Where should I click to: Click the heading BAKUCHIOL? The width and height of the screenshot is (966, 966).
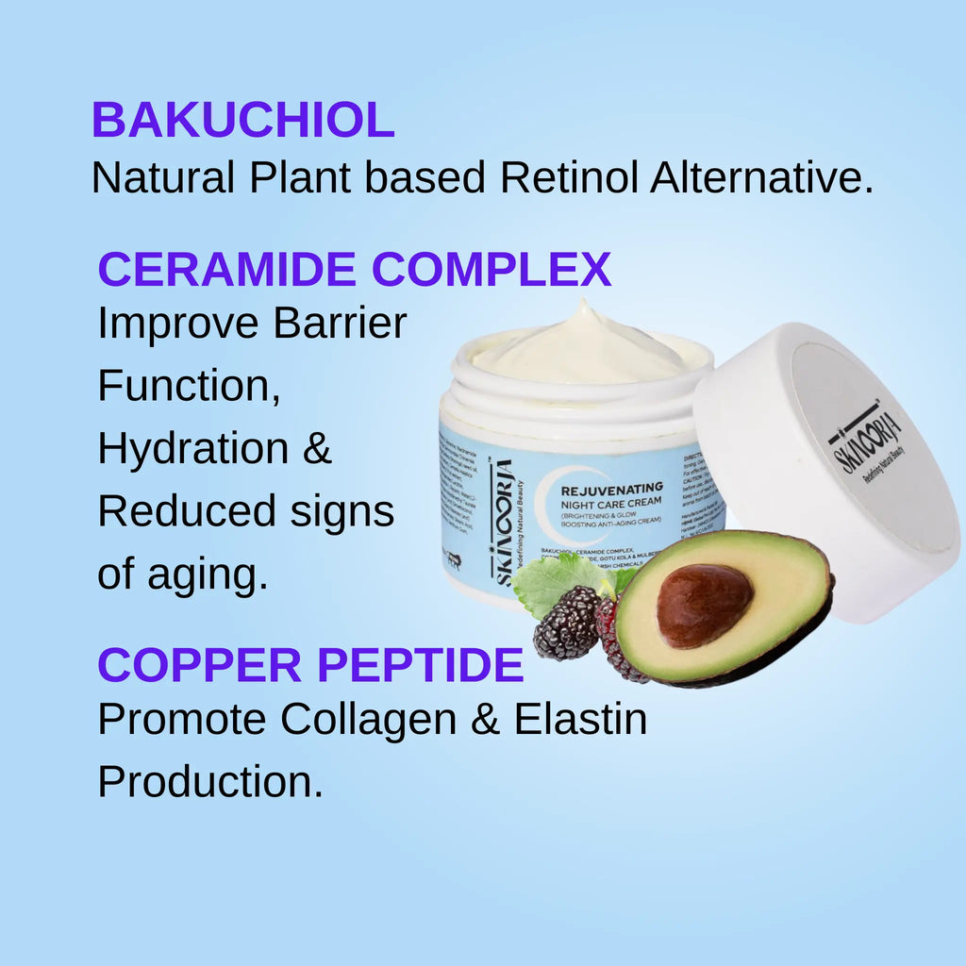coord(242,121)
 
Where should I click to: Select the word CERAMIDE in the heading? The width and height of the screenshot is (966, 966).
coord(228,270)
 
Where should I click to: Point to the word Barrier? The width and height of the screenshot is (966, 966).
coord(341,324)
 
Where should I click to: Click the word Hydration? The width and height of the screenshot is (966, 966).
coord(193,449)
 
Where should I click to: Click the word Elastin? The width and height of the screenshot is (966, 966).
coord(580,720)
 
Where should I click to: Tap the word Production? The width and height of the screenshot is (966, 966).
coord(210,782)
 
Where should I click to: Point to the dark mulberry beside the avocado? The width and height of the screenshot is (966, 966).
coord(567,623)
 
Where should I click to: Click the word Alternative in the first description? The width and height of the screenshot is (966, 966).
coord(760,177)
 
